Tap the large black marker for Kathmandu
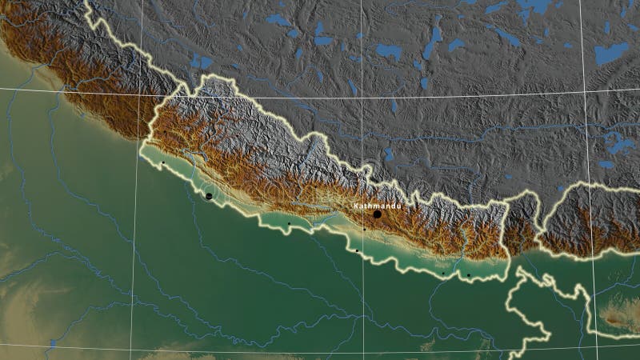tap(377, 214)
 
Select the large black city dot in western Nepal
tap(209, 195)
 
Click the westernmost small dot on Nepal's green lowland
tap(162, 162)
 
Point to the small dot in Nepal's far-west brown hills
tap(164, 132)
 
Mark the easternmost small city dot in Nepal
tap(469, 275)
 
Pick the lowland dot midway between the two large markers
tap(289, 223)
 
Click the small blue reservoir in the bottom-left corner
tap(53, 344)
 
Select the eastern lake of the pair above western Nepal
tap(206, 62)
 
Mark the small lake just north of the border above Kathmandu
tap(388, 153)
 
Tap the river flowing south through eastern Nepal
tap(463, 240)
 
